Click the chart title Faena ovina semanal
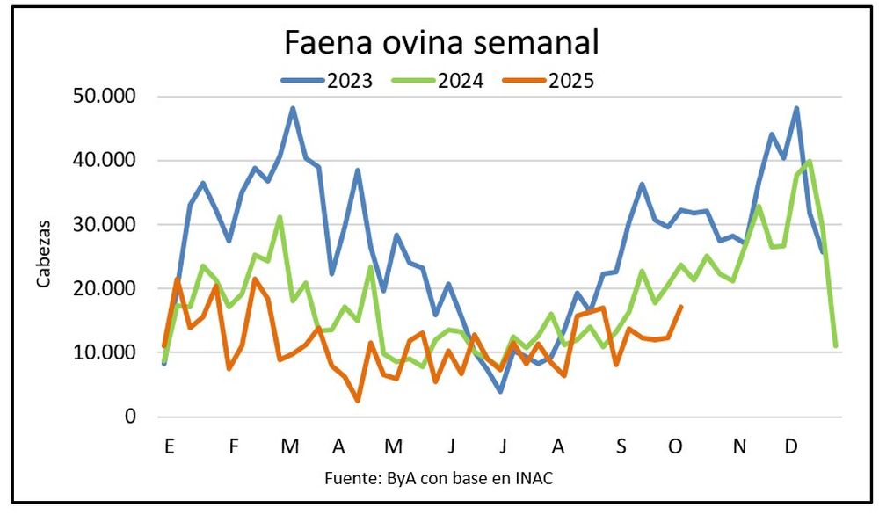(441, 41)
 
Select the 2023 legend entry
(350, 81)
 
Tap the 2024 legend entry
(461, 81)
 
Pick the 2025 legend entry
(571, 81)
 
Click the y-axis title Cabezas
(44, 256)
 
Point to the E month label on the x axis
(168, 447)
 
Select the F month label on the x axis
(234, 447)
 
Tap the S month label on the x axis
(621, 447)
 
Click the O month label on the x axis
(675, 447)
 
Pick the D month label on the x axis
(791, 447)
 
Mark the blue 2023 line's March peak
(293, 108)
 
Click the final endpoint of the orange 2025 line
(681, 307)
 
